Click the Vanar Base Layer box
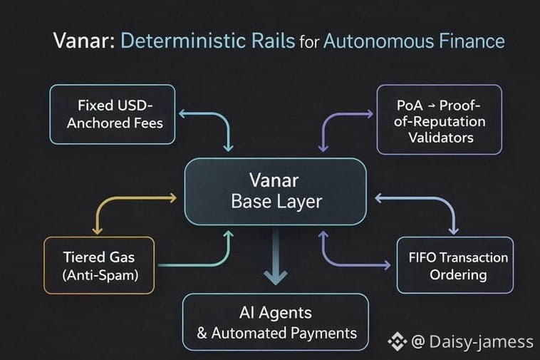[276, 191]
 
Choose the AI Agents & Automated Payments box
[276, 322]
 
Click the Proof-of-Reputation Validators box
[440, 120]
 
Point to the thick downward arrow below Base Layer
[276, 264]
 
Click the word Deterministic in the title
[207, 41]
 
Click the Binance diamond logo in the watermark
[397, 341]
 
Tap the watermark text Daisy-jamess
[482, 342]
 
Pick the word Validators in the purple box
[440, 138]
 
